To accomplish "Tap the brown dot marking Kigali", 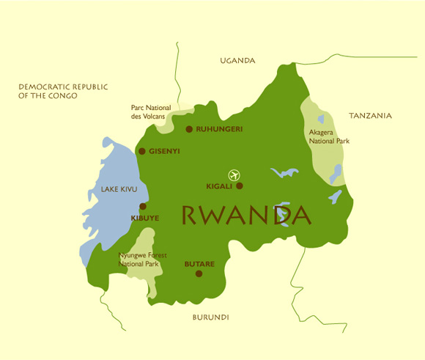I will (x=239, y=186).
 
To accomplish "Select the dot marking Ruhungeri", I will (x=189, y=129).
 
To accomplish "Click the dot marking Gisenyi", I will (x=142, y=151).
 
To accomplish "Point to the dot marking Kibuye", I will (x=142, y=207).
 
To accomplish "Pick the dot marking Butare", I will (x=199, y=273).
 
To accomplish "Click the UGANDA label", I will (x=237, y=61).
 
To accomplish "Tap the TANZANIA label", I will (x=370, y=116).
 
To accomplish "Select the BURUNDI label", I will (x=211, y=317).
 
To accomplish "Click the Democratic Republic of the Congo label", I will (x=63, y=91).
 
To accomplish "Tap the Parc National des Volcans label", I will (x=150, y=111).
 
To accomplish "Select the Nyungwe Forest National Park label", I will (x=143, y=260).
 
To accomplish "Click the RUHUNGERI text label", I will (x=219, y=129).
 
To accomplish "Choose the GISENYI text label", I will (x=164, y=151).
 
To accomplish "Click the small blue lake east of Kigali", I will (x=284, y=173).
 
